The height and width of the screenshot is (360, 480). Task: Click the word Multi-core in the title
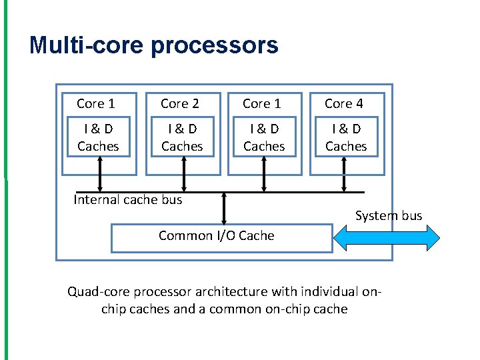[87, 45]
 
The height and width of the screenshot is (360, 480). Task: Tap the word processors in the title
[215, 45]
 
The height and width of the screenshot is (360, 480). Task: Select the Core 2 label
[180, 103]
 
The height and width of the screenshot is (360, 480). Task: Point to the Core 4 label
[344, 103]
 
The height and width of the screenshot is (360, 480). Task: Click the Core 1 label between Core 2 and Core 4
[262, 103]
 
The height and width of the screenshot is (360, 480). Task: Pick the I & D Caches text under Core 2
[182, 137]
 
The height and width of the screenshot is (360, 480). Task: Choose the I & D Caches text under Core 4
[346, 137]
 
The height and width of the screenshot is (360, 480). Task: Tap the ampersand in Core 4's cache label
[345, 129]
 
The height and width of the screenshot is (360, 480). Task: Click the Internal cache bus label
[127, 199]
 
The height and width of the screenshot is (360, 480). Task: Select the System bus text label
[389, 215]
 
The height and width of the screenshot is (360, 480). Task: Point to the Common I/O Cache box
[221, 238]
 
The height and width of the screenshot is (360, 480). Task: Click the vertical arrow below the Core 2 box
[183, 175]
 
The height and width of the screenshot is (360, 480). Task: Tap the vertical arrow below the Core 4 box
[344, 175]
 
